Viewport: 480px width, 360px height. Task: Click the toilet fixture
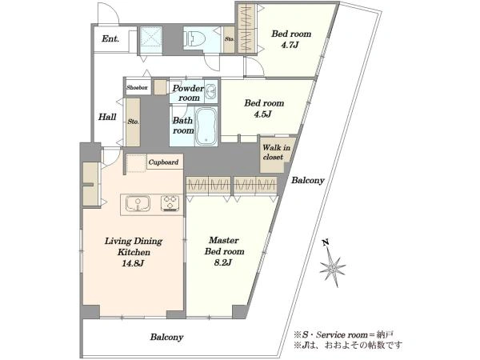192,38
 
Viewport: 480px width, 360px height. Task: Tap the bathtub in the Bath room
206,126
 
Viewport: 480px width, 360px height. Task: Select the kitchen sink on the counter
138,203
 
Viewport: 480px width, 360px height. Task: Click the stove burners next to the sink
170,203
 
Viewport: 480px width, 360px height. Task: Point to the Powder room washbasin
211,91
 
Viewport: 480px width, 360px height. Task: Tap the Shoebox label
137,87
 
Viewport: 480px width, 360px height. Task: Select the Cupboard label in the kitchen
163,162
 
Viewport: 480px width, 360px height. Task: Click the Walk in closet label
277,152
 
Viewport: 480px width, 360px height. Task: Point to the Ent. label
110,39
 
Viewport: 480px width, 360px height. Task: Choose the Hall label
107,117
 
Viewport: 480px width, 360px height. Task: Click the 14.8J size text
133,263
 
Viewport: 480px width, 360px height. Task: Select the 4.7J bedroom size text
290,46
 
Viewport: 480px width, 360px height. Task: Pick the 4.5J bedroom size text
262,114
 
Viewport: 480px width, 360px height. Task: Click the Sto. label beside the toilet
230,39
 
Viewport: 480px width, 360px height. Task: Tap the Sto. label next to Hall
133,122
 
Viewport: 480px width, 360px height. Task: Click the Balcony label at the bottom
167,338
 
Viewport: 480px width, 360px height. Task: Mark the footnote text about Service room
343,334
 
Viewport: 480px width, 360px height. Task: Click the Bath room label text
183,126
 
